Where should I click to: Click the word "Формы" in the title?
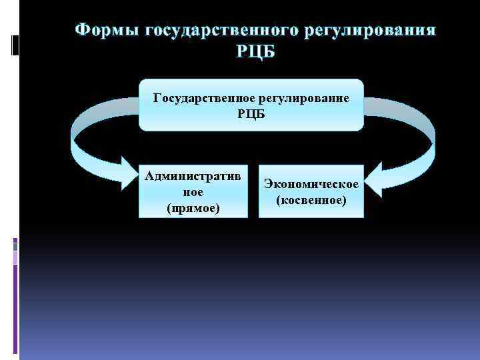pyautogui.click(x=106, y=31)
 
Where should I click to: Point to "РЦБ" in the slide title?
pyautogui.click(x=255, y=51)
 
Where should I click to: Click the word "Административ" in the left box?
pyautogui.click(x=193, y=176)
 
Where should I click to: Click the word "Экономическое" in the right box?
pyautogui.click(x=311, y=183)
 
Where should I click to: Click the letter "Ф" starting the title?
pyautogui.click(x=83, y=31)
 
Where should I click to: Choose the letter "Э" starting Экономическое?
pyautogui.click(x=268, y=183)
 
